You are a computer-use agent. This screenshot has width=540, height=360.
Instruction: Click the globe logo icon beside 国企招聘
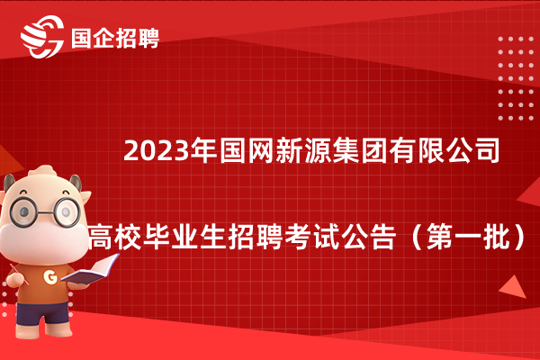tap(42, 36)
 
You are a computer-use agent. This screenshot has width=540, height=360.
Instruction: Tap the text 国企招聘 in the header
tap(115, 38)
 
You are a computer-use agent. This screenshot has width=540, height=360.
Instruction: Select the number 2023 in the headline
tap(157, 150)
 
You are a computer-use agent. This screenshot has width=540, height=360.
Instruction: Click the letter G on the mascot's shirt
tap(50, 276)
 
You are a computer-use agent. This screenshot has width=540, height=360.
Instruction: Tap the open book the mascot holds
tap(90, 270)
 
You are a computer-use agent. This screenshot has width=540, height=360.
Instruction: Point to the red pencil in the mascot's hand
tap(19, 274)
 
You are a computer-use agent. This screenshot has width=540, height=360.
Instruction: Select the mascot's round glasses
tap(45, 211)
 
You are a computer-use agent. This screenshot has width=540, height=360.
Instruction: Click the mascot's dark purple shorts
tap(41, 312)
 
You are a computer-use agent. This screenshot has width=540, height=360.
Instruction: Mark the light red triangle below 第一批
tap(514, 287)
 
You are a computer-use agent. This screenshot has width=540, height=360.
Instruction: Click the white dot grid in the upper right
tap(516, 78)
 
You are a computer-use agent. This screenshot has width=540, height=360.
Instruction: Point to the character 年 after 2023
tap(204, 150)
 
